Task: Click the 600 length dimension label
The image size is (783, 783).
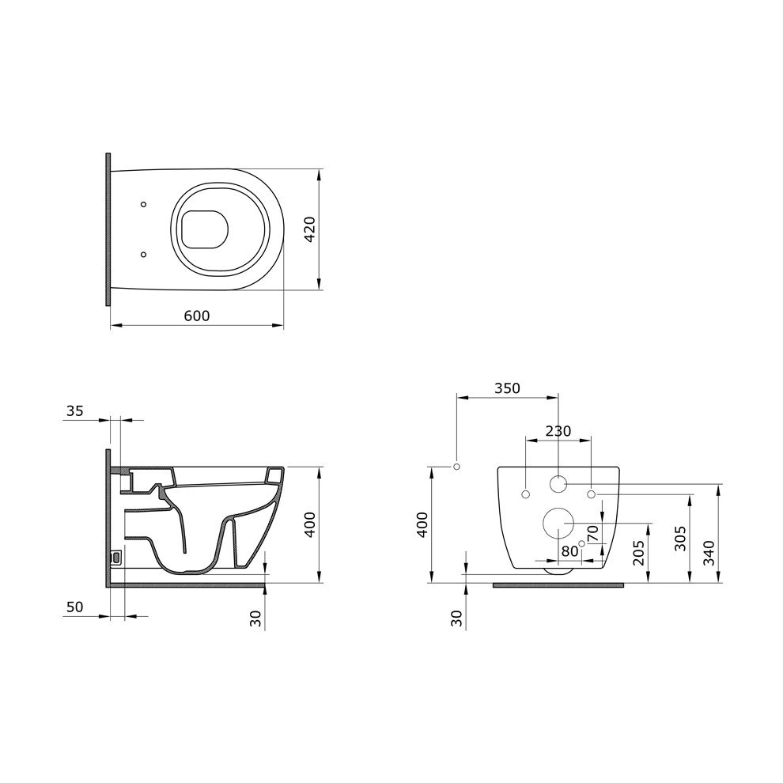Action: (x=197, y=316)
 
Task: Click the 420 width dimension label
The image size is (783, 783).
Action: (x=310, y=229)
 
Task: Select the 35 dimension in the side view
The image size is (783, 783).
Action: (x=75, y=411)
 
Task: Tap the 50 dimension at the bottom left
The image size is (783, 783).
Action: (x=75, y=607)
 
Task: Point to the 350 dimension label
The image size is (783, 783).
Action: (x=507, y=388)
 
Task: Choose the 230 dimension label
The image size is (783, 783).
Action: (x=558, y=430)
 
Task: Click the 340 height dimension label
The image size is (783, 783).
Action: (x=709, y=553)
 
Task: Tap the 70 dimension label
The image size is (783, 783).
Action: (x=592, y=534)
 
